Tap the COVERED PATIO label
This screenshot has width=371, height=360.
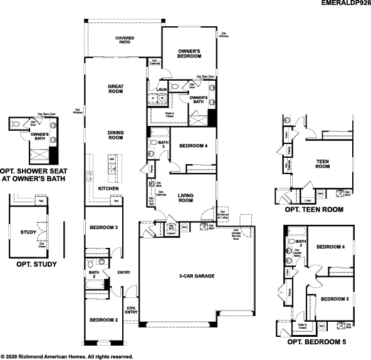point(124,41)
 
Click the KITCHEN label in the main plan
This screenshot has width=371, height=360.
point(108,188)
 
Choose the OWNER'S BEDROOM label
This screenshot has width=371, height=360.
point(189,53)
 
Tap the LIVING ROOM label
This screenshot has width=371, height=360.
point(185,198)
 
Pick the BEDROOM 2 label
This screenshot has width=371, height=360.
point(103,320)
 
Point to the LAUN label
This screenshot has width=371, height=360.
point(160,90)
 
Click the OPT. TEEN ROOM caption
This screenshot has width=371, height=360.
point(314,210)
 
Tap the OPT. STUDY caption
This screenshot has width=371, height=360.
point(36,264)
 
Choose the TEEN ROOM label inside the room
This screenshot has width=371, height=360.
point(322,164)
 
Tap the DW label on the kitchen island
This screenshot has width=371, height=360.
point(111,160)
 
